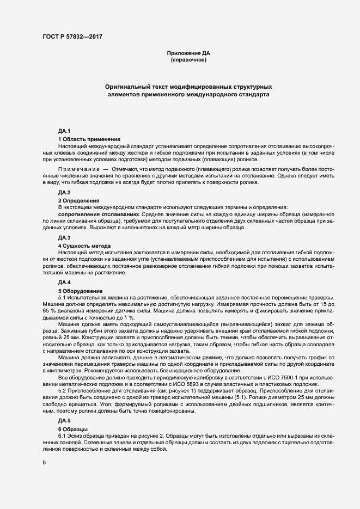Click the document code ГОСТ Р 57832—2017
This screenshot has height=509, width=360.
pyautogui.click(x=72, y=36)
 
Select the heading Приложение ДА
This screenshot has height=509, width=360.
pyautogui.click(x=188, y=53)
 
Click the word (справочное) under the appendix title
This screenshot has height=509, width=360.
pyautogui.click(x=188, y=60)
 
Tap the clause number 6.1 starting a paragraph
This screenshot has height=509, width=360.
pyautogui.click(x=63, y=437)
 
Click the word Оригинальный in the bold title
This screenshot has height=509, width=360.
pyautogui.click(x=130, y=87)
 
